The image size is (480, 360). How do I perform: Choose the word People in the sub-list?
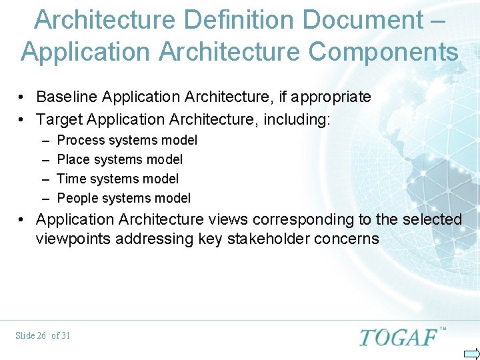(x=77, y=198)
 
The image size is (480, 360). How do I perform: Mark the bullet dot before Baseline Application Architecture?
(x=23, y=97)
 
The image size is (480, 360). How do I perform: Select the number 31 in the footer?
(x=65, y=335)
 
